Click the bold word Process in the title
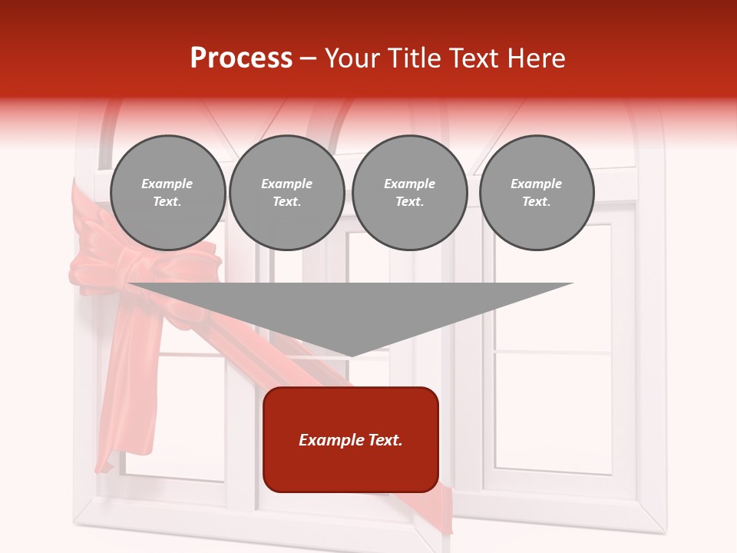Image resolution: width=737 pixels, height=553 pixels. tap(241, 58)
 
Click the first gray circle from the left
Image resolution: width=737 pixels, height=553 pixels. tap(167, 193)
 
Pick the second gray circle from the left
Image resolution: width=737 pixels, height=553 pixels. tap(286, 193)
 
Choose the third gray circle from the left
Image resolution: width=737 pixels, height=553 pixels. tap(409, 193)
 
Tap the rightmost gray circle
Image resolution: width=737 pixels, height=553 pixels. tap(536, 193)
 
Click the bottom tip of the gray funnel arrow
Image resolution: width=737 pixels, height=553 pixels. tap(351, 355)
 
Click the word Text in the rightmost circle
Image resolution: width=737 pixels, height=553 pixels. tap(536, 202)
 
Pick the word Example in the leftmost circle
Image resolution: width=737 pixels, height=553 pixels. tap(167, 184)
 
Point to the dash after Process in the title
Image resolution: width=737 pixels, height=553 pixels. tap(308, 59)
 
